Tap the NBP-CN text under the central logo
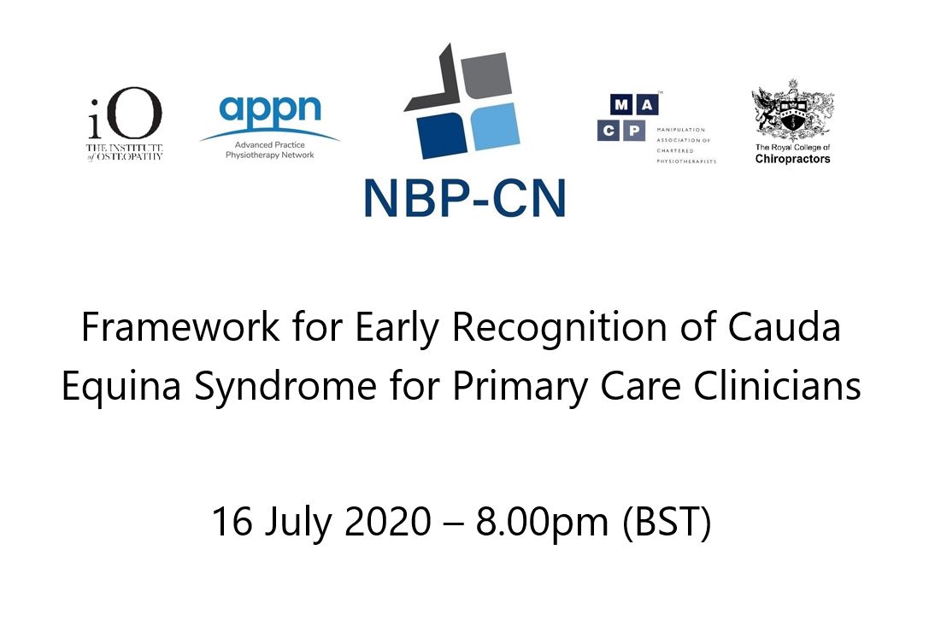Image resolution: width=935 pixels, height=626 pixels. coord(463,197)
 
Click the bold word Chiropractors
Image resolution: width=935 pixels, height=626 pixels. coord(792,159)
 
